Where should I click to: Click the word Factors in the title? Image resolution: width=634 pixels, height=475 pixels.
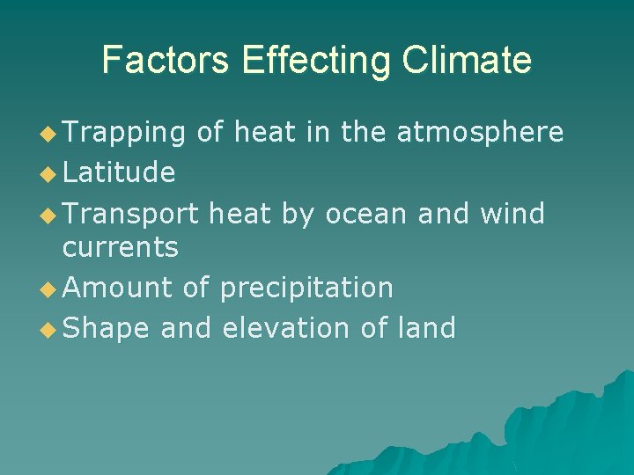pos(166,60)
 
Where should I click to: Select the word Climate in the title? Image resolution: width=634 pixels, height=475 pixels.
pos(468,60)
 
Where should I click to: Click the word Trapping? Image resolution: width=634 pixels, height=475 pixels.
pos(124,133)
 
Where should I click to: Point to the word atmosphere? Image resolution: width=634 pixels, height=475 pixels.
pos(480,133)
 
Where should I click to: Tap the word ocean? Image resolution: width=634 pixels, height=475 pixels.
pos(366,214)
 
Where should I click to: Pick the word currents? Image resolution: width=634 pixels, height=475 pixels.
pos(121,248)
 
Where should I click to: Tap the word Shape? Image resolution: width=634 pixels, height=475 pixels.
pos(106,329)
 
